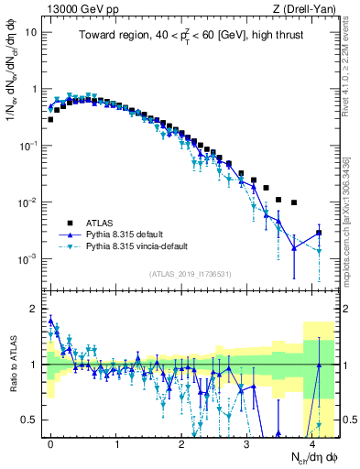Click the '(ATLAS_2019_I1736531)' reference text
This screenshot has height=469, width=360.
[x=191, y=274]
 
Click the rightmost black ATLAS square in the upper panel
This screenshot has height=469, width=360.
[x=319, y=233]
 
